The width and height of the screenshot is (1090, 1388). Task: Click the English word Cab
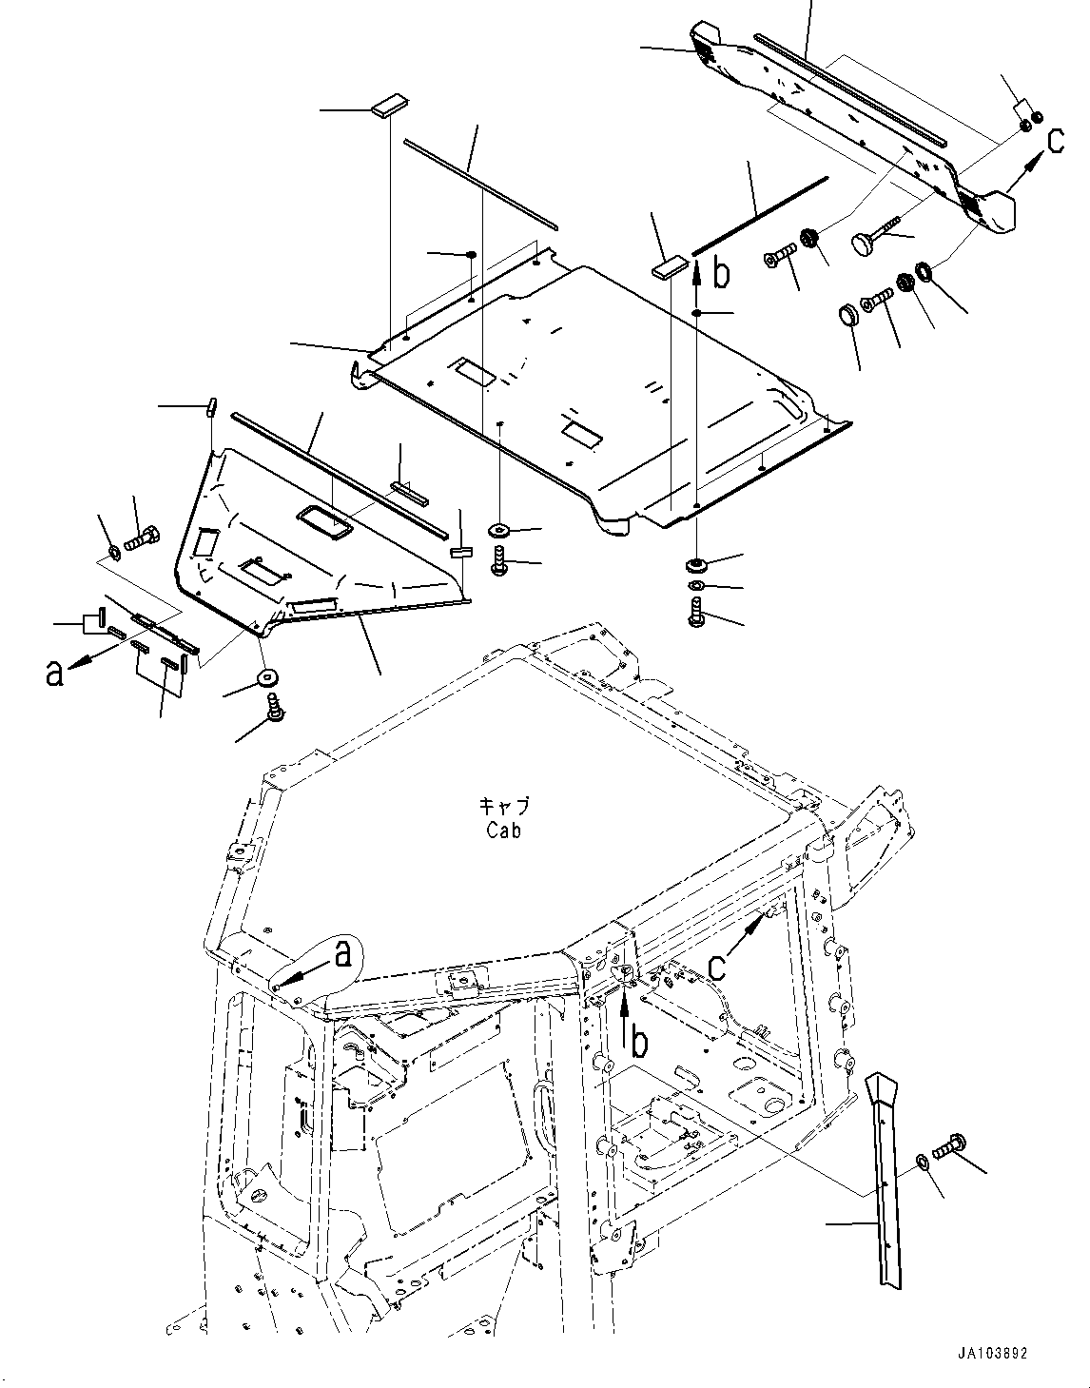coord(503,831)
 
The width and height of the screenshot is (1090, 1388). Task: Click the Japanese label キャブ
coord(503,807)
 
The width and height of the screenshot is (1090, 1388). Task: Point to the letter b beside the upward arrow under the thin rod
coord(722,274)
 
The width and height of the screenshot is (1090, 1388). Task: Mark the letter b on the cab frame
coord(640,1044)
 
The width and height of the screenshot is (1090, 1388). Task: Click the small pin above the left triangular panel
coord(211,406)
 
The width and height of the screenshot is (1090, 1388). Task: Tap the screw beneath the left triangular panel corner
coord(275,708)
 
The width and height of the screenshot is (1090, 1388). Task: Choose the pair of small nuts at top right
coord(1032,122)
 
